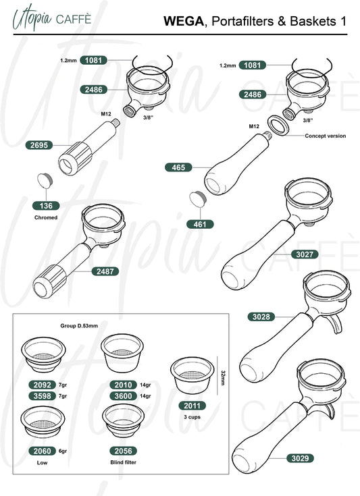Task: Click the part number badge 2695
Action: [x=39, y=145]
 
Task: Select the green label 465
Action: [x=178, y=167]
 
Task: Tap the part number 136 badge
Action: [x=46, y=206]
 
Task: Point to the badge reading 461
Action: [x=200, y=224]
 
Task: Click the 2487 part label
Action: [x=105, y=271]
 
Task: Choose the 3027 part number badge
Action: [x=305, y=254]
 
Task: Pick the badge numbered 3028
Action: [x=261, y=316]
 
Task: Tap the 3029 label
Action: [x=300, y=458]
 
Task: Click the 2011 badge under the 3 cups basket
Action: [x=192, y=406]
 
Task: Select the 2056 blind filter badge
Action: [x=123, y=451]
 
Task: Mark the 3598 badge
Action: [x=42, y=395]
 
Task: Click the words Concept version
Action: [x=325, y=136]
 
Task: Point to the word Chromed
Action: [x=46, y=217]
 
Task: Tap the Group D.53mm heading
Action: [x=79, y=326]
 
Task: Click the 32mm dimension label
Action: [x=223, y=378]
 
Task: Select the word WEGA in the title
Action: [x=184, y=21]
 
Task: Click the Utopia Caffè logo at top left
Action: [x=52, y=19]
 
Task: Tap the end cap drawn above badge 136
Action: [x=45, y=180]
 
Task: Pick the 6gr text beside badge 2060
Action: [x=63, y=451]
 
